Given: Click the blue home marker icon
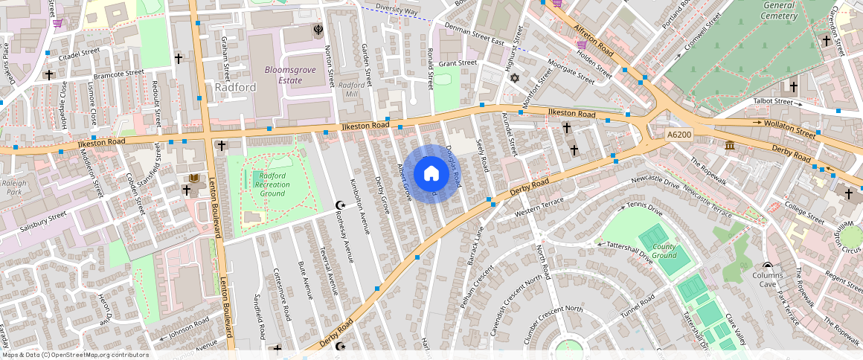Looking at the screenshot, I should click(431, 174).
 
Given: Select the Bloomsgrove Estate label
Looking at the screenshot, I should click(284, 75).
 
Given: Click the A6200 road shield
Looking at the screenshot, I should click(678, 135).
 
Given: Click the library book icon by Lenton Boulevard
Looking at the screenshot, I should click(193, 179).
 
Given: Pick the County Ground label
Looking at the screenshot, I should click(664, 251).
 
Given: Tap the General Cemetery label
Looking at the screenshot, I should click(780, 10).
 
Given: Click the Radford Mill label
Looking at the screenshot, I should click(351, 90).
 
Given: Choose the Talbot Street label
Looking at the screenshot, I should click(774, 101).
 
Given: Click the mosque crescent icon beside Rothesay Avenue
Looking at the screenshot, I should click(341, 205).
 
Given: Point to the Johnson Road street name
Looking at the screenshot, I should click(189, 328).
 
